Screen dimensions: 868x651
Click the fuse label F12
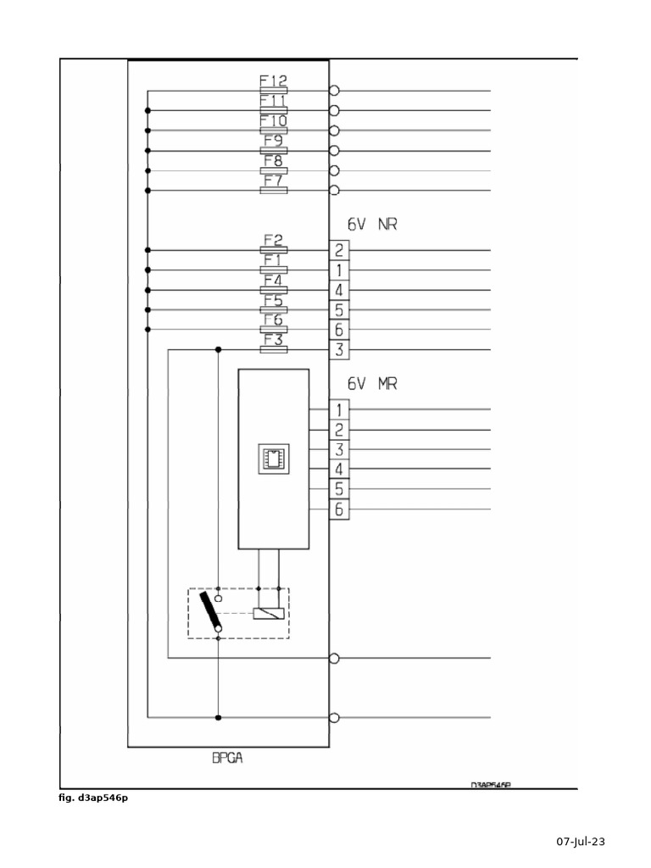tap(273, 81)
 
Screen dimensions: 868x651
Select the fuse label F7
tap(273, 181)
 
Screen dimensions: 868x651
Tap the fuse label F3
tap(273, 340)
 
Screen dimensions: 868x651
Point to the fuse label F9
tap(273, 141)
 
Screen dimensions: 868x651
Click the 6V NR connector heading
tap(372, 225)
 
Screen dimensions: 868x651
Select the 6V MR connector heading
tap(372, 384)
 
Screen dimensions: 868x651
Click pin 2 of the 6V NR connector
tap(338, 250)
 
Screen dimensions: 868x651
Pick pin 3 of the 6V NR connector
tap(338, 349)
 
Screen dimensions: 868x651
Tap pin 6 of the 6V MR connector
tap(338, 509)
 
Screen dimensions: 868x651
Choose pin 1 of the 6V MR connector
tap(338, 409)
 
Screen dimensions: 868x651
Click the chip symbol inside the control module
tap(273, 459)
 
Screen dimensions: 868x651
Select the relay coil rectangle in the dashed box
tap(270, 612)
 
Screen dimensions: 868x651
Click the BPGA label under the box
tap(227, 759)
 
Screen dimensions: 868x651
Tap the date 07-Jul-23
tap(581, 842)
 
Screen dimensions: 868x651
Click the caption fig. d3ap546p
tap(93, 797)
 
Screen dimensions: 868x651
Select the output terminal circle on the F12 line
tap(334, 91)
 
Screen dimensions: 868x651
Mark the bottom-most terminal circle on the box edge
tap(334, 718)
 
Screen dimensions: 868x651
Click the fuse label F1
tap(273, 260)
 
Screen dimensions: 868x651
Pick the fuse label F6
tap(273, 320)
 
